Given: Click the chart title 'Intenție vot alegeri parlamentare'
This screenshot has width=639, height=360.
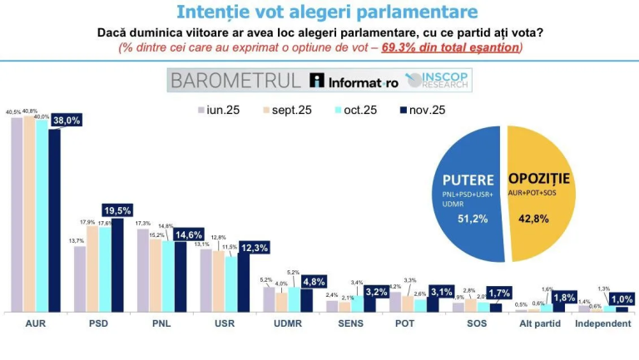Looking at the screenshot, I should point(326,12).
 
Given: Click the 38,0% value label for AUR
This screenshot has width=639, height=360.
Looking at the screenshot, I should point(67,120).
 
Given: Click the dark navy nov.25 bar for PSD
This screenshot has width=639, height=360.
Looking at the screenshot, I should point(117,266).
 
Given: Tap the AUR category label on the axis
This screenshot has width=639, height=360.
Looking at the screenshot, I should point(35,323).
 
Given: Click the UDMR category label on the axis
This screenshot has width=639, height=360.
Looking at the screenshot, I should point(287,323).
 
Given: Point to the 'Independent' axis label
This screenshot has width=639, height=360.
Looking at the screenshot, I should point(603,323).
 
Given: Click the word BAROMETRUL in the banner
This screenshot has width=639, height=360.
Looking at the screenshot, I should point(235,80).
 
